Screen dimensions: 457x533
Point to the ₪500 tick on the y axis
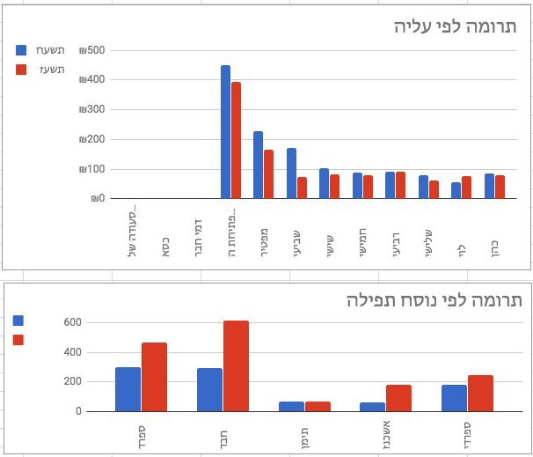pyautogui.click(x=91, y=50)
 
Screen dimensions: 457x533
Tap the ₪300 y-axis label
pyautogui.click(x=91, y=110)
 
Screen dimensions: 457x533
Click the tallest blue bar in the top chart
pyautogui.click(x=225, y=132)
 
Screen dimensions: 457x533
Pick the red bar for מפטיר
pyautogui.click(x=268, y=174)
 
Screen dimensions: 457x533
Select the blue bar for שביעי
pyautogui.click(x=291, y=173)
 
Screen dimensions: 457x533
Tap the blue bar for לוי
pyautogui.click(x=456, y=190)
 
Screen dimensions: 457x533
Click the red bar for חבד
pyautogui.click(x=236, y=365)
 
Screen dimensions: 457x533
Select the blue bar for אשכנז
pyautogui.click(x=372, y=407)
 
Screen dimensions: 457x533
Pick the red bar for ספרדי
pyautogui.click(x=480, y=393)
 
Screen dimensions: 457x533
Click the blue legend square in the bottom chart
pyautogui.click(x=19, y=321)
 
